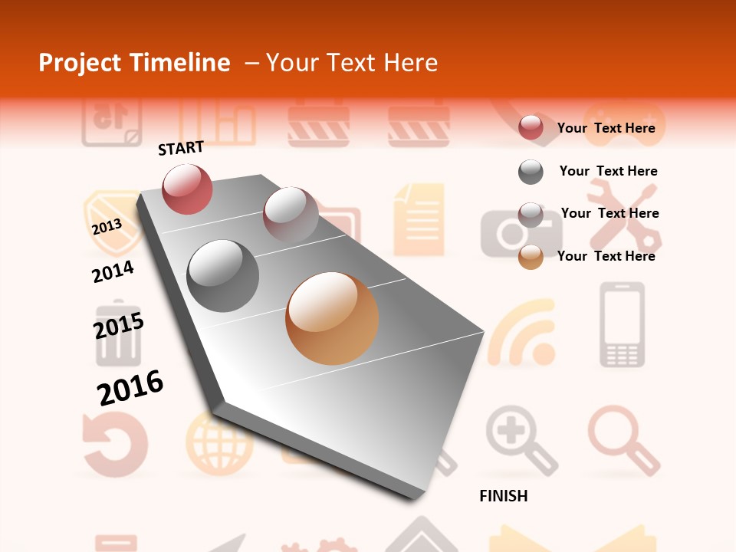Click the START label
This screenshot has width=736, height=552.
(181, 148)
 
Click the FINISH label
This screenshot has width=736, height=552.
(503, 496)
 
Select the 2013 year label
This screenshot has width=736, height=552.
(107, 227)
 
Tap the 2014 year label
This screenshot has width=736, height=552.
(113, 271)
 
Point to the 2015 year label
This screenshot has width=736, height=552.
(118, 326)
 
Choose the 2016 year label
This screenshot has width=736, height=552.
(130, 388)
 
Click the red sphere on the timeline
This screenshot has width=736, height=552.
(187, 189)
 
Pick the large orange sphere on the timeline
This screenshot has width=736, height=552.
(332, 318)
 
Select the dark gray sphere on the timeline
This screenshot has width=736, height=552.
(223, 275)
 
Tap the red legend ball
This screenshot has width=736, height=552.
(531, 128)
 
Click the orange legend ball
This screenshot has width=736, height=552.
(531, 257)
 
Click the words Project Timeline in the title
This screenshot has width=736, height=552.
(134, 63)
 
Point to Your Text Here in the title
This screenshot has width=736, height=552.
(352, 63)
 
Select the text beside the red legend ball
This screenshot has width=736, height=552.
(606, 128)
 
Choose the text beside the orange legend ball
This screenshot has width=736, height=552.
(606, 256)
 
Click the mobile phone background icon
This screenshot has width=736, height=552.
(622, 325)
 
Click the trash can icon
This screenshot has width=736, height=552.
(118, 336)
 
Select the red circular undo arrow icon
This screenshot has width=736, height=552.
(114, 444)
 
